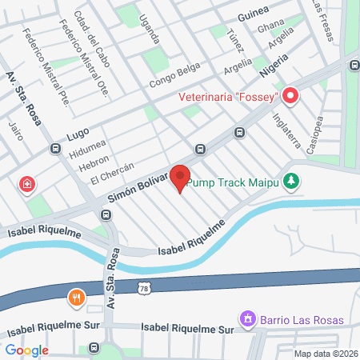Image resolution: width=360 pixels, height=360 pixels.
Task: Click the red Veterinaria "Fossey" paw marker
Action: click(290, 98)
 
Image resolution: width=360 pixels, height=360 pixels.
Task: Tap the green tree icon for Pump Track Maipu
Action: click(293, 182)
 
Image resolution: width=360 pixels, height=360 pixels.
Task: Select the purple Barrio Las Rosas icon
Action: click(248, 320)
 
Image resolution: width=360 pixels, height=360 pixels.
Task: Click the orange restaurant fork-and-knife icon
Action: click(77, 298)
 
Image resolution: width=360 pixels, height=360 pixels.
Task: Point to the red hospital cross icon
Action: click(28, 185)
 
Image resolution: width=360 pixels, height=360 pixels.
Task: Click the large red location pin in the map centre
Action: click(179, 178)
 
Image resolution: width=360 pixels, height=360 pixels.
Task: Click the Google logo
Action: click(26, 350)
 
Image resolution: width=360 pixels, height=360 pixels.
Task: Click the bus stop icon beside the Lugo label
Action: click(55, 148)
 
